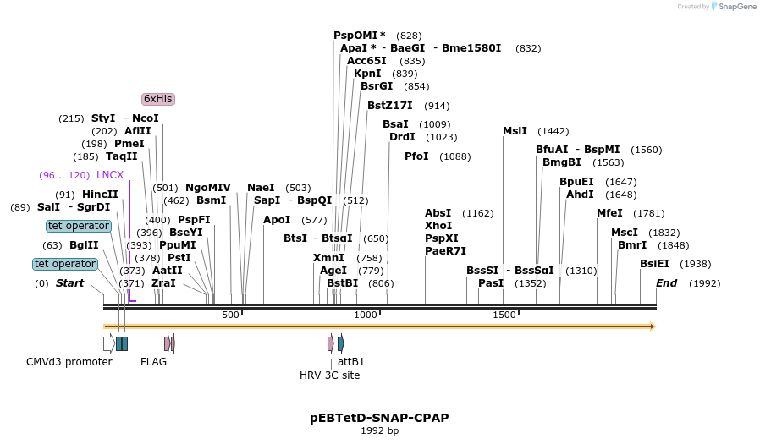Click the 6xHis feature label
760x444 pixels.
158,99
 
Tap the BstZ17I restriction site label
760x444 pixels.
389,106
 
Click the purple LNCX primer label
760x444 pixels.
110,175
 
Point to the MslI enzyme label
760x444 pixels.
515,131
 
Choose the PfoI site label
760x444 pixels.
416,156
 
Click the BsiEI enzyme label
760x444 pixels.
654,264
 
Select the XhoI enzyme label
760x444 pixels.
438,226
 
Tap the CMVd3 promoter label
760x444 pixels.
69,362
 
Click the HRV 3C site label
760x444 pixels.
329,375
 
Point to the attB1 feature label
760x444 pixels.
351,362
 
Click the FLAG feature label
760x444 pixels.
153,362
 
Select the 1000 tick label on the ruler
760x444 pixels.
366,315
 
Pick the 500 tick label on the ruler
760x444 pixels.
230,315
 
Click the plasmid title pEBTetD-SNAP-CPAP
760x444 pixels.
379,418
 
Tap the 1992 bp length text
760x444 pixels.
379,431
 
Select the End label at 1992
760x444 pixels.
667,283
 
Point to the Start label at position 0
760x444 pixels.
69,283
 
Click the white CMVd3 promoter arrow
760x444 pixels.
109,343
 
